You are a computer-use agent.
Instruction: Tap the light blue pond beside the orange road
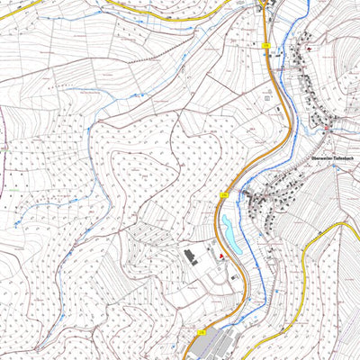[225, 233]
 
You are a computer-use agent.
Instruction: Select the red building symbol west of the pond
[218, 258]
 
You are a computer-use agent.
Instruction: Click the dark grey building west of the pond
[191, 257]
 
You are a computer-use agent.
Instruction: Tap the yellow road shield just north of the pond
[225, 194]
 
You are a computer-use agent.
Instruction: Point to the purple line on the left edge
[3, 135]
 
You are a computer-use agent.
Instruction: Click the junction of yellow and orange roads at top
[263, 11]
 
